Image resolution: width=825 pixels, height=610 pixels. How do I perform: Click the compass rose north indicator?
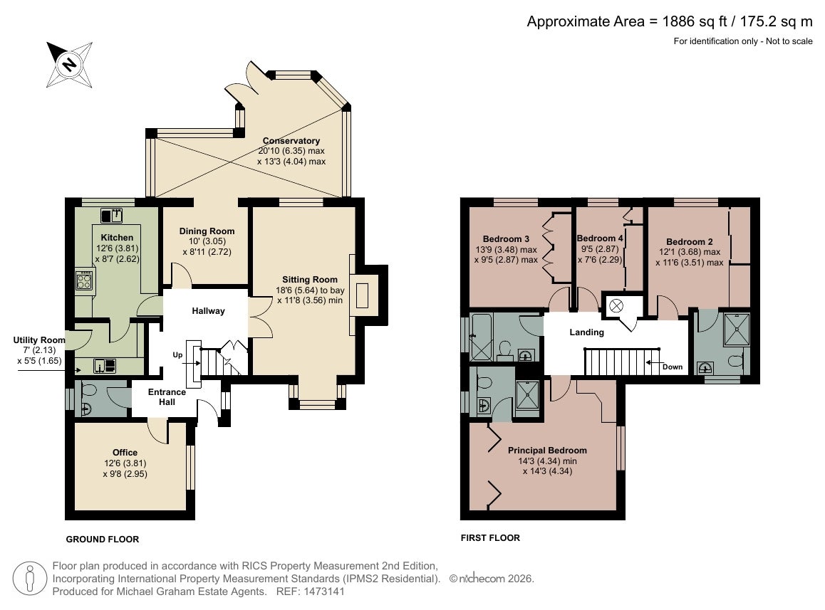tap(69, 65)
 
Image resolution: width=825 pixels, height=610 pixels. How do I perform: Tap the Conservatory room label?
tap(291, 140)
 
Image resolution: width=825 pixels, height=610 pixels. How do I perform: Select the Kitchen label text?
tap(117, 237)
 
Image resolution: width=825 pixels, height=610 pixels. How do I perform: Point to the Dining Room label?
tap(207, 231)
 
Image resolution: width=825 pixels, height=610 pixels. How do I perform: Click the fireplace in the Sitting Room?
tap(363, 295)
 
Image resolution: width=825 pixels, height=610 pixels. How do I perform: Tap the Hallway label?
tap(208, 311)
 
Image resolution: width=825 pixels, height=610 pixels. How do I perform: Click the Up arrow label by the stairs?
tap(178, 355)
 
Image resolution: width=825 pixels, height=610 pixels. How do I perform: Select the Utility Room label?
tap(39, 340)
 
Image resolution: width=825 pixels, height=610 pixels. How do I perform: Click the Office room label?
tap(125, 452)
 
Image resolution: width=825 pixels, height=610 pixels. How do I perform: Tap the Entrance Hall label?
tap(167, 396)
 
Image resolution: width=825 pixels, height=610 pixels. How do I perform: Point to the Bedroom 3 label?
tap(506, 238)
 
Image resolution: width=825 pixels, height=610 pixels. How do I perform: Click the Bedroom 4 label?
tap(600, 238)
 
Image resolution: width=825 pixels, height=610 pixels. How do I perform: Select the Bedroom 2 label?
tap(689, 241)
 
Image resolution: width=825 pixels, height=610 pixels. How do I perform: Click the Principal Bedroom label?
tap(547, 450)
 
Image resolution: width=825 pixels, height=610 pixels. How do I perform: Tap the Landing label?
tap(586, 332)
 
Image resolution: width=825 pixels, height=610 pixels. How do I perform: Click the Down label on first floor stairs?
tap(673, 367)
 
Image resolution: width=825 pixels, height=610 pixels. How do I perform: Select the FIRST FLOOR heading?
tap(490, 537)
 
